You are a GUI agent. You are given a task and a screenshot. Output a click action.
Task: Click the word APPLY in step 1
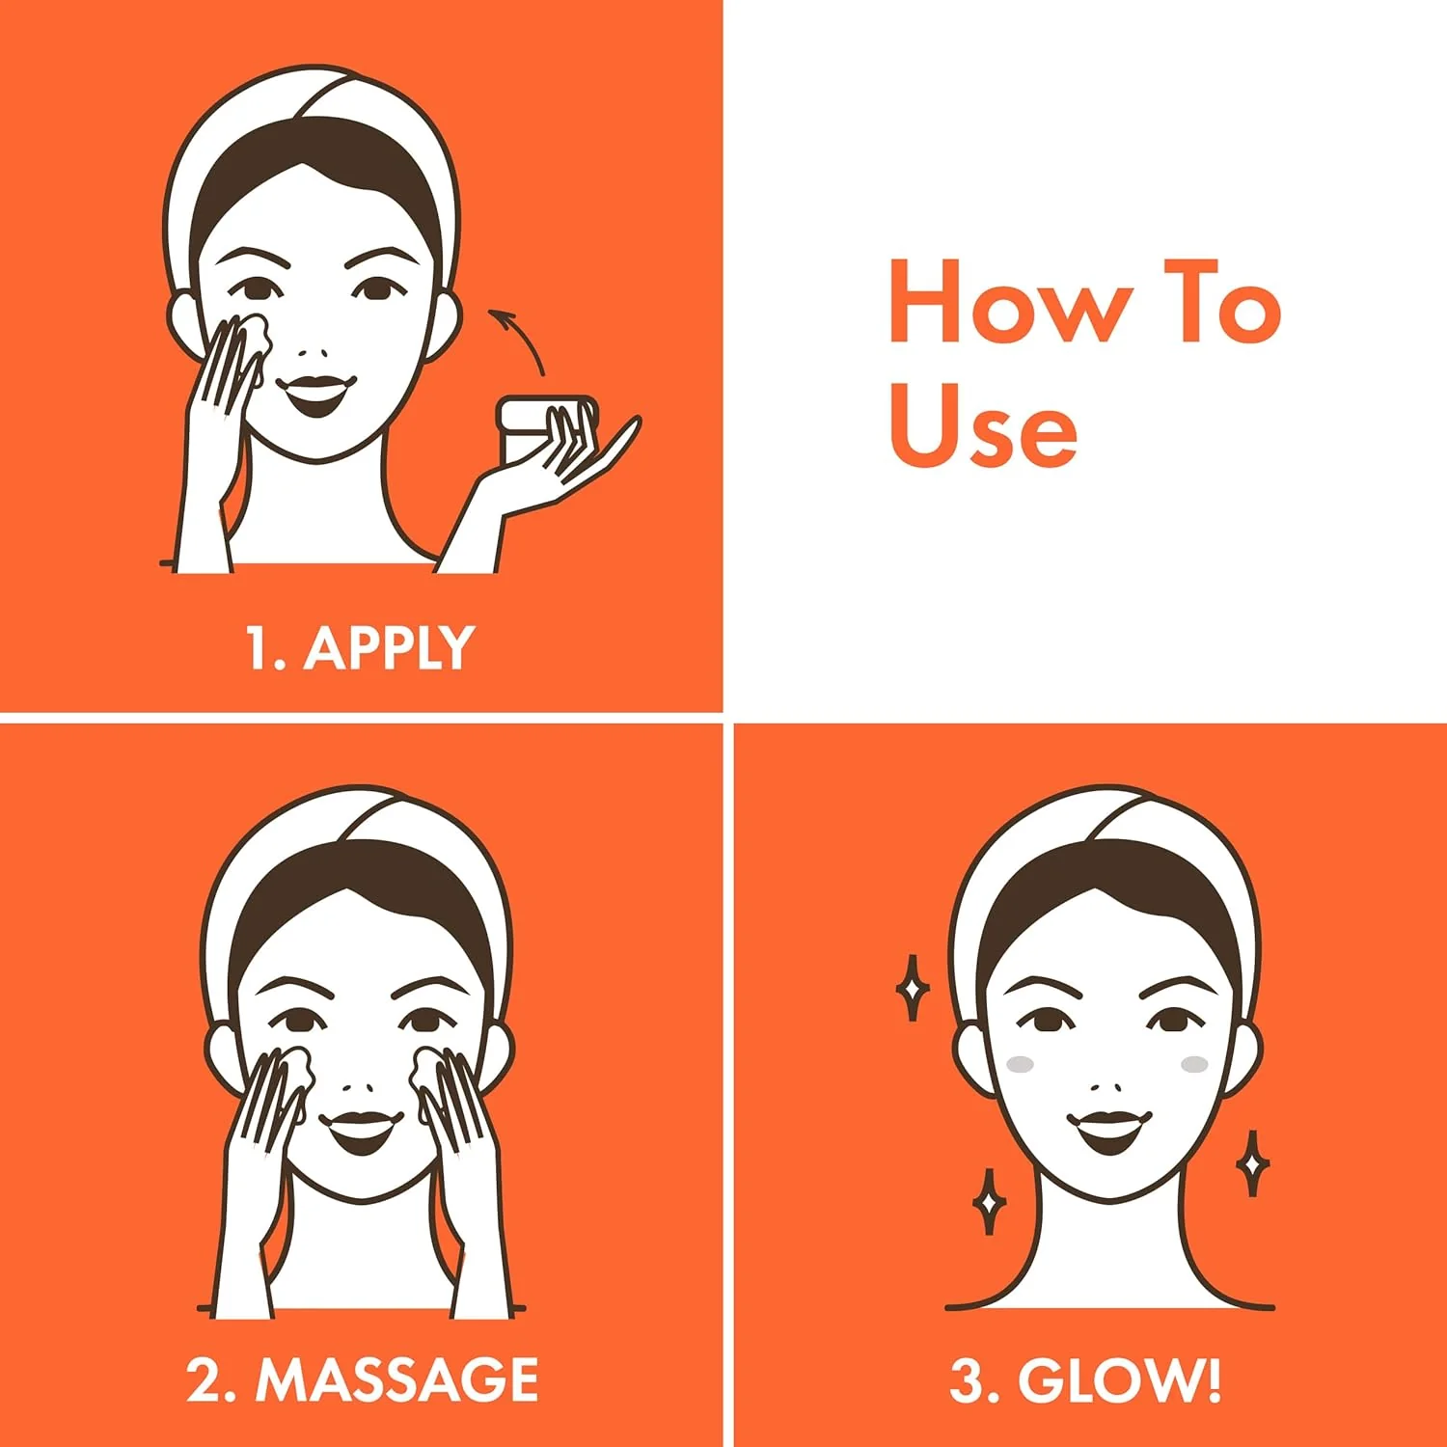pyautogui.click(x=389, y=647)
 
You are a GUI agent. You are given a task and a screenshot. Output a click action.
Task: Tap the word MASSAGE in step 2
pyautogui.click(x=396, y=1379)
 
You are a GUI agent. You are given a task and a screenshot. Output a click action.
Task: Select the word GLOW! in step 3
pyautogui.click(x=1120, y=1379)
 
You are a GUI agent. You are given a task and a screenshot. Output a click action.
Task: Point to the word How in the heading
pyautogui.click(x=1010, y=300)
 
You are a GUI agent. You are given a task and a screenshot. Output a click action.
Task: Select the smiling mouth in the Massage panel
pyautogui.click(x=361, y=1131)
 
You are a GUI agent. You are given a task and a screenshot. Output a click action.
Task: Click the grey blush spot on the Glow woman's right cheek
pyautogui.click(x=1020, y=1065)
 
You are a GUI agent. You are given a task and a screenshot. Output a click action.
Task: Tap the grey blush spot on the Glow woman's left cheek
pyautogui.click(x=1194, y=1064)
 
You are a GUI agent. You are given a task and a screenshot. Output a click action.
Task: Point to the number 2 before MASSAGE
pyautogui.click(x=205, y=1380)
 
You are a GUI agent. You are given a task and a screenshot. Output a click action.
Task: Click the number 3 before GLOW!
pyautogui.click(x=967, y=1380)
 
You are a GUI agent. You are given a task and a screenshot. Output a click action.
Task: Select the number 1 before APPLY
pyautogui.click(x=259, y=647)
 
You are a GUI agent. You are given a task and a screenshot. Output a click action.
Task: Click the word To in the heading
pyautogui.click(x=1222, y=300)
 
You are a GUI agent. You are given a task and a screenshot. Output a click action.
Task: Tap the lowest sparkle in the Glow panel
pyautogui.click(x=989, y=1202)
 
